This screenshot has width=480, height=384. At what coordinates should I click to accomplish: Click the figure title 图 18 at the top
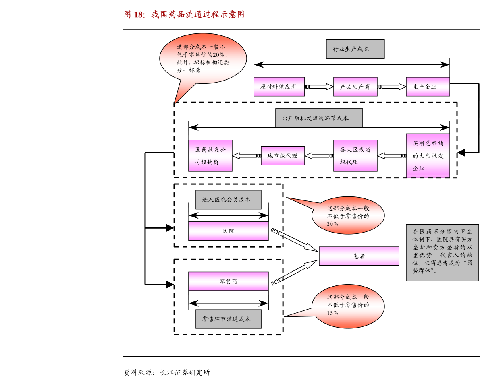tap(184, 14)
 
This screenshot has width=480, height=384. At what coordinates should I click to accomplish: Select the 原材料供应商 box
tap(279, 87)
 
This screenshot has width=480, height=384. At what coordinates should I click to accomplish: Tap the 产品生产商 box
tap(355, 87)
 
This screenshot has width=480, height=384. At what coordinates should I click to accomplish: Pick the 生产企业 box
tap(428, 87)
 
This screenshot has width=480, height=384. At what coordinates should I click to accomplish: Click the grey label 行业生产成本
tap(355, 49)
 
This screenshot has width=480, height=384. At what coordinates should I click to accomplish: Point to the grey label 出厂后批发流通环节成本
tap(319, 118)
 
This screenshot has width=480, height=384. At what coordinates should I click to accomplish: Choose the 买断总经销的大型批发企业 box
tap(428, 155)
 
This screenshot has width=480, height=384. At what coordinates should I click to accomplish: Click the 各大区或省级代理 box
tap(355, 155)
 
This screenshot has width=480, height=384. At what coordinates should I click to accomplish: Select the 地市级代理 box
tap(283, 155)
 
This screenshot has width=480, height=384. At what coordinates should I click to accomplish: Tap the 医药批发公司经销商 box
tap(210, 155)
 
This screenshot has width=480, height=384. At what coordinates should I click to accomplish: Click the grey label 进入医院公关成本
tap(228, 200)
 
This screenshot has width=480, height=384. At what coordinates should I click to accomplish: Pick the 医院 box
tap(228, 231)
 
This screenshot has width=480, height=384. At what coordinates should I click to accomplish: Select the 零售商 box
tap(228, 281)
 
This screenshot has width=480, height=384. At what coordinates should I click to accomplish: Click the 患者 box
tap(359, 256)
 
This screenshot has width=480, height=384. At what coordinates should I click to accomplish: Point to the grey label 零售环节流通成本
tap(228, 319)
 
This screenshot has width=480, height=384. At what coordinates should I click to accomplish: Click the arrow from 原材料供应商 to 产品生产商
tap(319, 87)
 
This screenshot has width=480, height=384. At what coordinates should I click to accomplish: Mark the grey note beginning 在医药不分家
tap(442, 252)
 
